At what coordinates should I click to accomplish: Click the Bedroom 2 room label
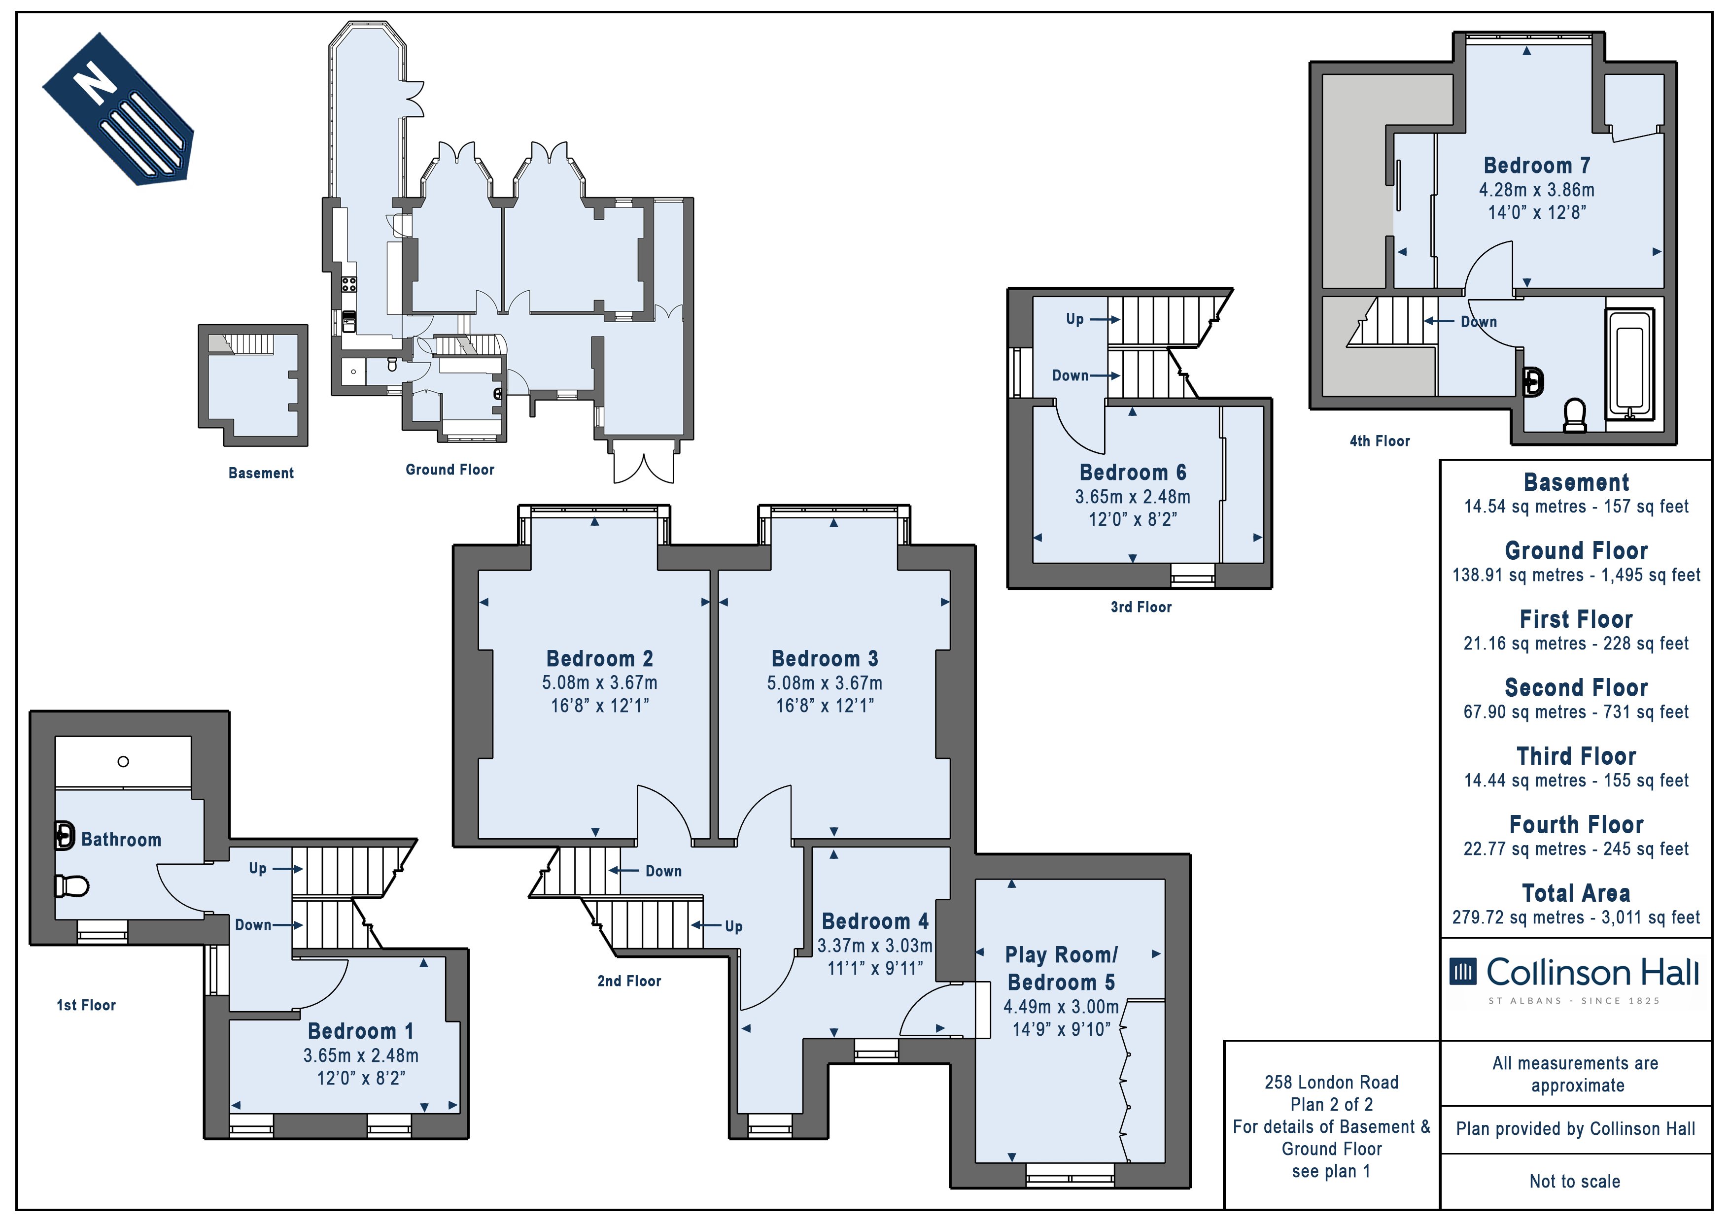(599, 659)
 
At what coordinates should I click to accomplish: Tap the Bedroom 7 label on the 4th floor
(1537, 166)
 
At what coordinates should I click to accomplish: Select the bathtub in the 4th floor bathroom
(1629, 363)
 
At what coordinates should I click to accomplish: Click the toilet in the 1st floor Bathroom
(72, 886)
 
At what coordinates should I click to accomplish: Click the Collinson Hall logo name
(1592, 972)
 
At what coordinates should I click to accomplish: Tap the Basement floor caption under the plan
(261, 473)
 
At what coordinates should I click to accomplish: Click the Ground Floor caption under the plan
(450, 470)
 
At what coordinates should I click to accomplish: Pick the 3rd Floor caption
(1141, 607)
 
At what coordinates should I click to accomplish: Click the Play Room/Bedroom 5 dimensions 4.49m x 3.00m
(1061, 1007)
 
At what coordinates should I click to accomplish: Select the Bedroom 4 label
(875, 921)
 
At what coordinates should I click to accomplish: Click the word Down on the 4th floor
(1479, 322)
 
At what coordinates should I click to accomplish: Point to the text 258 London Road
(1331, 1083)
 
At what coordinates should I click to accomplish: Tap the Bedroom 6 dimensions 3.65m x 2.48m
(1133, 497)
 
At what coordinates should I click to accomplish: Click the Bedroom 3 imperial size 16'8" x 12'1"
(825, 706)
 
